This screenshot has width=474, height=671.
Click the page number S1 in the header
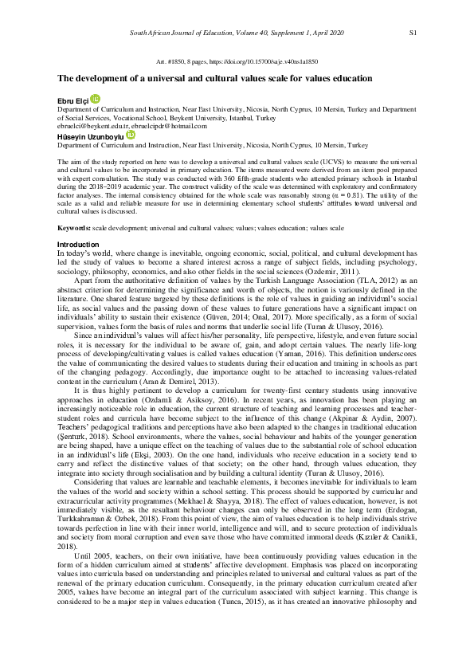413,33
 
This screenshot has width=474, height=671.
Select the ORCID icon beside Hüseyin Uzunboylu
131,135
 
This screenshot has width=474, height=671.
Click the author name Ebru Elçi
73,99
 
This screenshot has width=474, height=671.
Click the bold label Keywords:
73,227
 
